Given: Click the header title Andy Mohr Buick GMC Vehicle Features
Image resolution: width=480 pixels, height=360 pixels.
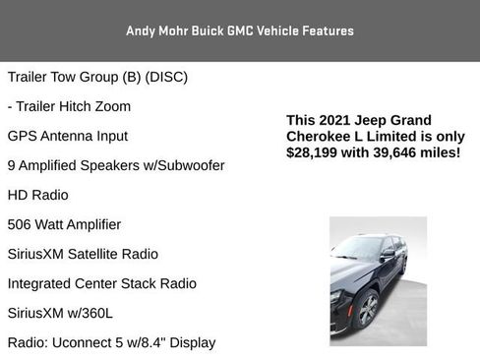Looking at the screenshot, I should tap(240, 30).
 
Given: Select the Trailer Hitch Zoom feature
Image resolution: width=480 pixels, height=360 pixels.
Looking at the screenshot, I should tap(69, 106).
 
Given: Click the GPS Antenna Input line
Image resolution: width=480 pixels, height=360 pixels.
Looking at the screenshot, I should tap(68, 136).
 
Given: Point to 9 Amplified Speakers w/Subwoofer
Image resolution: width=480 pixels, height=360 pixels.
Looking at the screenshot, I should tap(116, 165).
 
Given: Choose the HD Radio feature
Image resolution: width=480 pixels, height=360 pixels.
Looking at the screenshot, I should tap(38, 195).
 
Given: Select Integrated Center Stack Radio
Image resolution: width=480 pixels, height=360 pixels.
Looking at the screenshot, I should tap(101, 283).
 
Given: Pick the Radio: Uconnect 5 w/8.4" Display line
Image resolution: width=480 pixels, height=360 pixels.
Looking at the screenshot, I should tap(111, 342).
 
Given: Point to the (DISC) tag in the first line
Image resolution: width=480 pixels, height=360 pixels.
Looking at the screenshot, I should tap(166, 77).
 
